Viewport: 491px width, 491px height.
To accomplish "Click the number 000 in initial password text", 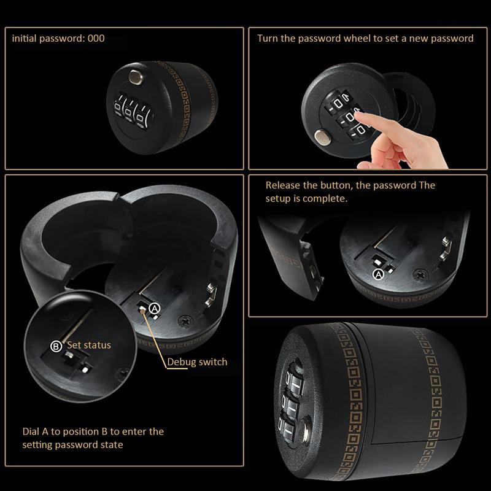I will click(x=96, y=38).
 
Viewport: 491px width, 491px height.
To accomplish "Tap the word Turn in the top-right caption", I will click(x=267, y=38).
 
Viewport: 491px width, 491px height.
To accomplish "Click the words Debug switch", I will click(x=197, y=361).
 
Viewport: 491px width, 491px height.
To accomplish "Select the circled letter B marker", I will click(x=56, y=346).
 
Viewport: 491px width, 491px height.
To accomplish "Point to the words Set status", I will click(x=89, y=345).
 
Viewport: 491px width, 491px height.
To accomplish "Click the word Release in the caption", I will click(x=283, y=185).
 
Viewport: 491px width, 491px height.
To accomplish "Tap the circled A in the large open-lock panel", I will click(x=154, y=306).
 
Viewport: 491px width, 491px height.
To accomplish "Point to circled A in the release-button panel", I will click(x=379, y=274).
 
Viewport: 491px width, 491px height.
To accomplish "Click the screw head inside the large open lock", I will click(x=184, y=320).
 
